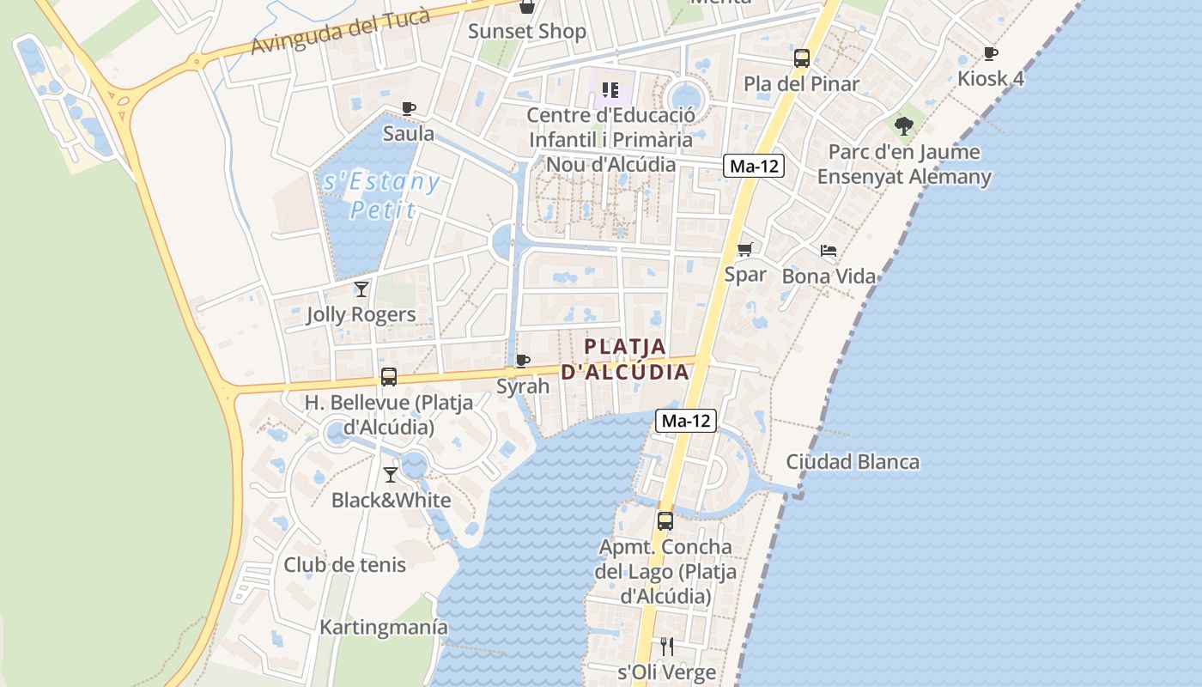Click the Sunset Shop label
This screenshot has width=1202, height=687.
click(x=526, y=32)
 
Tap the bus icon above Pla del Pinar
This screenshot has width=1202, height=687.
click(x=801, y=58)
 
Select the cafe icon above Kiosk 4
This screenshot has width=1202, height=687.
click(x=990, y=53)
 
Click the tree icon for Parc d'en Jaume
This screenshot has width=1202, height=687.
click(x=903, y=126)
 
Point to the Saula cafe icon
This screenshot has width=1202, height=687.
click(x=409, y=108)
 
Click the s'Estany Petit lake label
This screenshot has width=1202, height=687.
click(x=382, y=195)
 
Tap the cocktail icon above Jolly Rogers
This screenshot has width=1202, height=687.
click(x=361, y=289)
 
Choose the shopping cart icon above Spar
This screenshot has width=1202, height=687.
click(x=744, y=249)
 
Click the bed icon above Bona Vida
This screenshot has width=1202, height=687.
click(x=829, y=251)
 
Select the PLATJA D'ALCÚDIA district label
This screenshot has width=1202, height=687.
click(x=625, y=359)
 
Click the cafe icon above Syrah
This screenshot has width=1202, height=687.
click(x=522, y=361)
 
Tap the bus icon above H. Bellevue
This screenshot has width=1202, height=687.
click(x=389, y=376)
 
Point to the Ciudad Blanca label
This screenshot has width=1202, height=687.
click(x=853, y=462)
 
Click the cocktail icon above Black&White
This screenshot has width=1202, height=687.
click(x=391, y=474)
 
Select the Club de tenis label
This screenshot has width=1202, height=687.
click(x=345, y=565)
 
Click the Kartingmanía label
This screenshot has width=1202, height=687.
click(x=384, y=627)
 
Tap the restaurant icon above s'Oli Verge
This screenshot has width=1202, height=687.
click(x=666, y=646)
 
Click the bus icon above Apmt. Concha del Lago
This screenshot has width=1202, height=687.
click(x=665, y=520)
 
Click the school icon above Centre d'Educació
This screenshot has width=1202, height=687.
click(x=610, y=89)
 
